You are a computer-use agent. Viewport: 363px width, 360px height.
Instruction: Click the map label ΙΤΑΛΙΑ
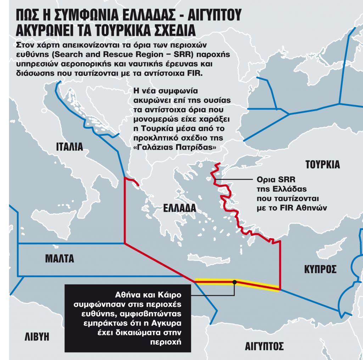(x=69, y=147)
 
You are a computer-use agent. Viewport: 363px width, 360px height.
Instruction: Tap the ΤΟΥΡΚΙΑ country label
(x=323, y=165)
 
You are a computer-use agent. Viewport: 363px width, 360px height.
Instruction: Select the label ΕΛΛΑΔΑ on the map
(x=179, y=208)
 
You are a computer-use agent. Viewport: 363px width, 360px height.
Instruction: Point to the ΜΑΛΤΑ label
(x=60, y=258)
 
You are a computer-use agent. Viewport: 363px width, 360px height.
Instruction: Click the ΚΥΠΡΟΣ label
(x=320, y=270)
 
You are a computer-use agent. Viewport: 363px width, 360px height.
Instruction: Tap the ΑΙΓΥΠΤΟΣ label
(x=265, y=346)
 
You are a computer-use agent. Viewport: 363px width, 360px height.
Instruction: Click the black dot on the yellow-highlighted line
(x=235, y=282)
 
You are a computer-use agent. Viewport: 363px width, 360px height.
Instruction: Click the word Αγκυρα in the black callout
(x=171, y=323)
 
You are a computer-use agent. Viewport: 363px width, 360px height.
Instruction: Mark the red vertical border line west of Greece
(x=124, y=209)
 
